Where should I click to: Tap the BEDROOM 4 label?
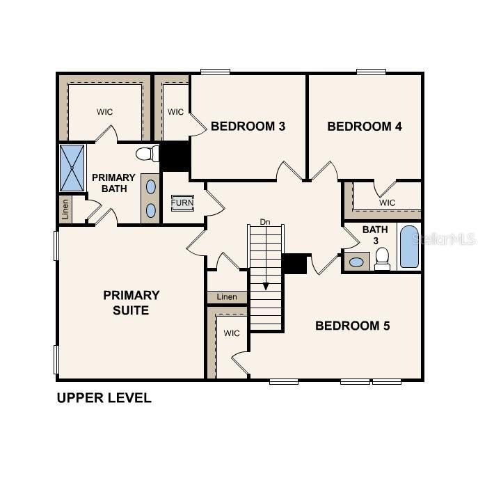365,127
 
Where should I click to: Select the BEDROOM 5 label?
353,326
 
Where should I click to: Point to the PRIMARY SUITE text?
132,303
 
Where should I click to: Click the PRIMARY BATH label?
113,183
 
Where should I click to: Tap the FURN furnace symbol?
182,203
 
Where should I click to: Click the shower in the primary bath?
72,168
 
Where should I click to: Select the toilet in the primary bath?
147,154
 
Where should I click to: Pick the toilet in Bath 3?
382,260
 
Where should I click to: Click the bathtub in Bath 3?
410,246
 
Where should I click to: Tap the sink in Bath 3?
357,262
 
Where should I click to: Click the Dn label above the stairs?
264,222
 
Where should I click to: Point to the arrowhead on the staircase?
265,286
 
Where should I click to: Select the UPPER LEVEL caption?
104,399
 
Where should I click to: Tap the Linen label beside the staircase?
227,297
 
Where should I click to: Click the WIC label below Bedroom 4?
388,202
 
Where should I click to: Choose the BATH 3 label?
375,235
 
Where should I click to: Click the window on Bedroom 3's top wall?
215,71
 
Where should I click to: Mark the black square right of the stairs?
295,264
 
